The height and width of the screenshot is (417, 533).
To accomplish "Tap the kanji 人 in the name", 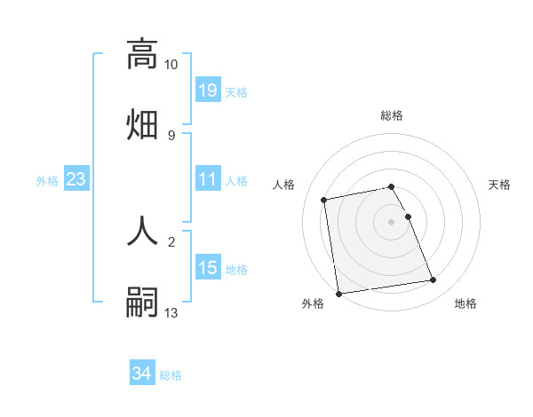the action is (x=142, y=231).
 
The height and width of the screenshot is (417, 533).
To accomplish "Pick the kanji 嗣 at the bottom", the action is (x=142, y=301).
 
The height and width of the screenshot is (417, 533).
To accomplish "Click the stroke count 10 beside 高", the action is (x=171, y=65).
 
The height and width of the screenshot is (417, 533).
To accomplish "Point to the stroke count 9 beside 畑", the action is (x=171, y=135).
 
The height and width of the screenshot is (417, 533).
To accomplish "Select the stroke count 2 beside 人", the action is (x=171, y=241).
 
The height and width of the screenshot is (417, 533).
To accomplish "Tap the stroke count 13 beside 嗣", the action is (x=171, y=313).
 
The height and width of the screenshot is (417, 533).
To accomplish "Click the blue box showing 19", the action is (x=208, y=90).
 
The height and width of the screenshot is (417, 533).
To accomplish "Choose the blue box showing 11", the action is (x=208, y=179).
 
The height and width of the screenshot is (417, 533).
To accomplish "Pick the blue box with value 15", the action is (x=208, y=268).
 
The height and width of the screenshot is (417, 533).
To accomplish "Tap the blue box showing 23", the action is (x=76, y=179).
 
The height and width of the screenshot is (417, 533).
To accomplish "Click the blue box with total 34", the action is (x=142, y=374).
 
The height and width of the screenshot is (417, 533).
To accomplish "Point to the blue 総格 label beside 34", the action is (x=171, y=374).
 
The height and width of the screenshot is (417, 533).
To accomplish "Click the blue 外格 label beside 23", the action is (x=47, y=180).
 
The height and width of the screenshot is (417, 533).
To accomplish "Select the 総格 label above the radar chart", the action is (x=392, y=115).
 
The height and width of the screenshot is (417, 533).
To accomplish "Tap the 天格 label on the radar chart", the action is (x=500, y=185).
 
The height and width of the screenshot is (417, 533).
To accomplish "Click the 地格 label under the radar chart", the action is (x=465, y=303).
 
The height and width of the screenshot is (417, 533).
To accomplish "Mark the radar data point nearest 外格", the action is (x=338, y=293).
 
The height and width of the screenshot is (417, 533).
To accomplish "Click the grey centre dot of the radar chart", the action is (x=392, y=221).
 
